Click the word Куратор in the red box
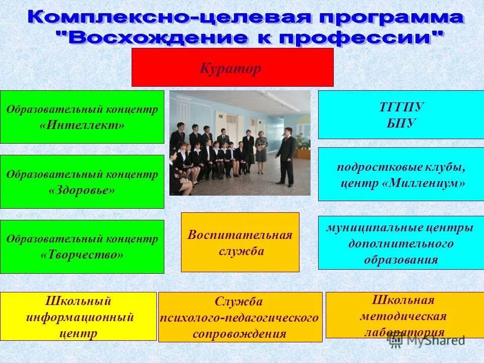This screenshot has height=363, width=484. tap(230, 68)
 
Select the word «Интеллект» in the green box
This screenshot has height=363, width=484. tap(82, 125)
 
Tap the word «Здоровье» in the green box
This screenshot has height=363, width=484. tap(82, 190)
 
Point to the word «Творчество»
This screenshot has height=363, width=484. tap(82, 255)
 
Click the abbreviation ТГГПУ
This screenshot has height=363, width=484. tap(401, 108)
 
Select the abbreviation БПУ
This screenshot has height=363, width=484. tap(401, 124)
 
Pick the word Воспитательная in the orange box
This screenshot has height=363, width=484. tap(240, 235)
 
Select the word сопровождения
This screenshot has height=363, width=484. tap(239, 334)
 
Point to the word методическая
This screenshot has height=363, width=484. tap(403, 316)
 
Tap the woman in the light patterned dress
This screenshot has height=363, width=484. tap(261, 146)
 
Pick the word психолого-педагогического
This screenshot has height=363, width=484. tap(239, 318)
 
